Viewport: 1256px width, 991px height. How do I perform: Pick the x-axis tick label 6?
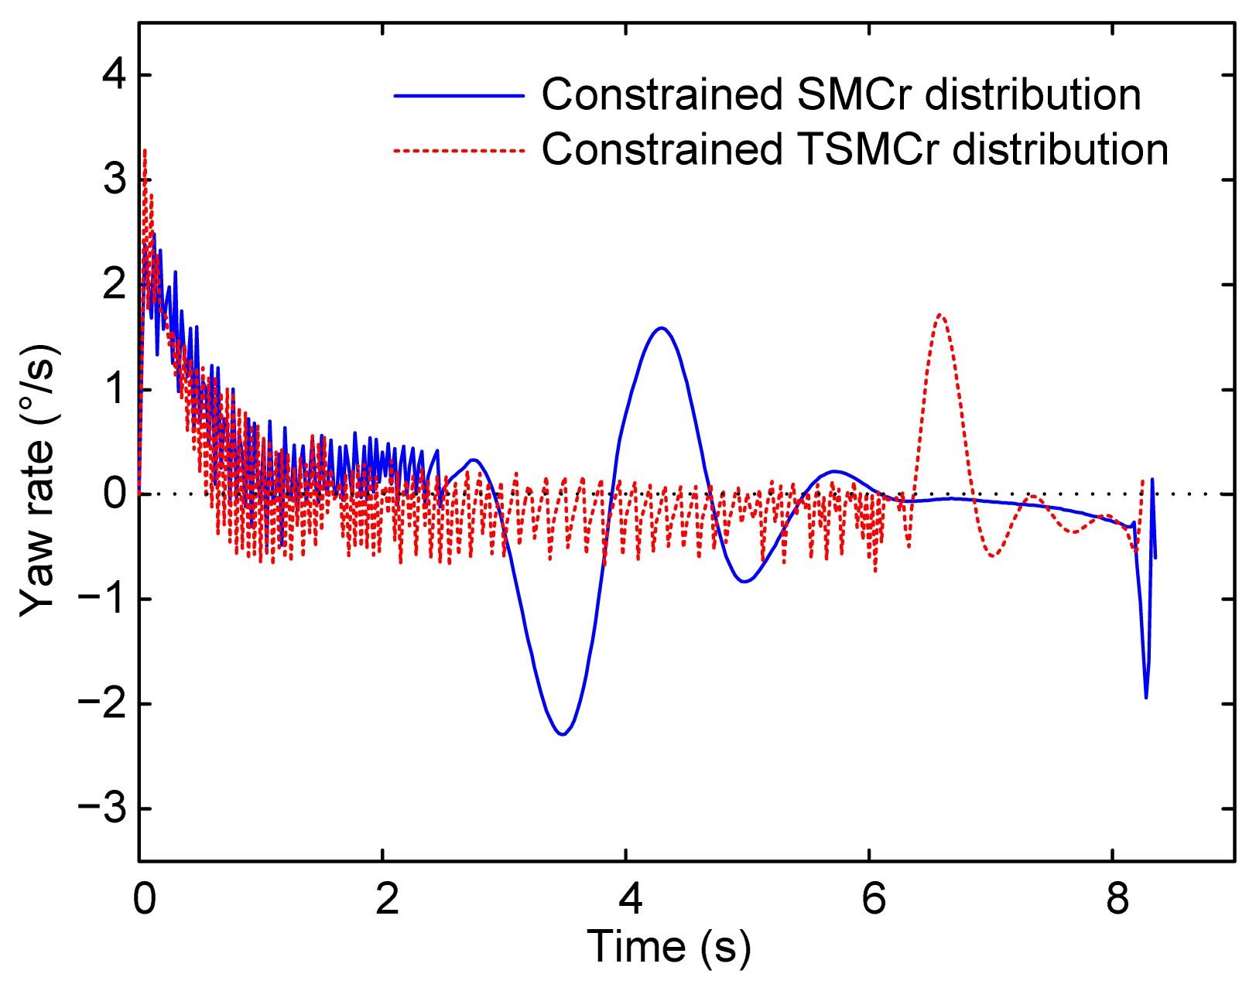click(x=874, y=900)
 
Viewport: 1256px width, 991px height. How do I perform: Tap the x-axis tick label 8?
click(x=1117, y=900)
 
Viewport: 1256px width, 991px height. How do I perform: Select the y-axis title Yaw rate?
click(x=39, y=480)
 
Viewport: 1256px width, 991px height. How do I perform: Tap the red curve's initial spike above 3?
click(x=145, y=151)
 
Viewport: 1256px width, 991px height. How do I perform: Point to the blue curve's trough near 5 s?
click(x=744, y=581)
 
